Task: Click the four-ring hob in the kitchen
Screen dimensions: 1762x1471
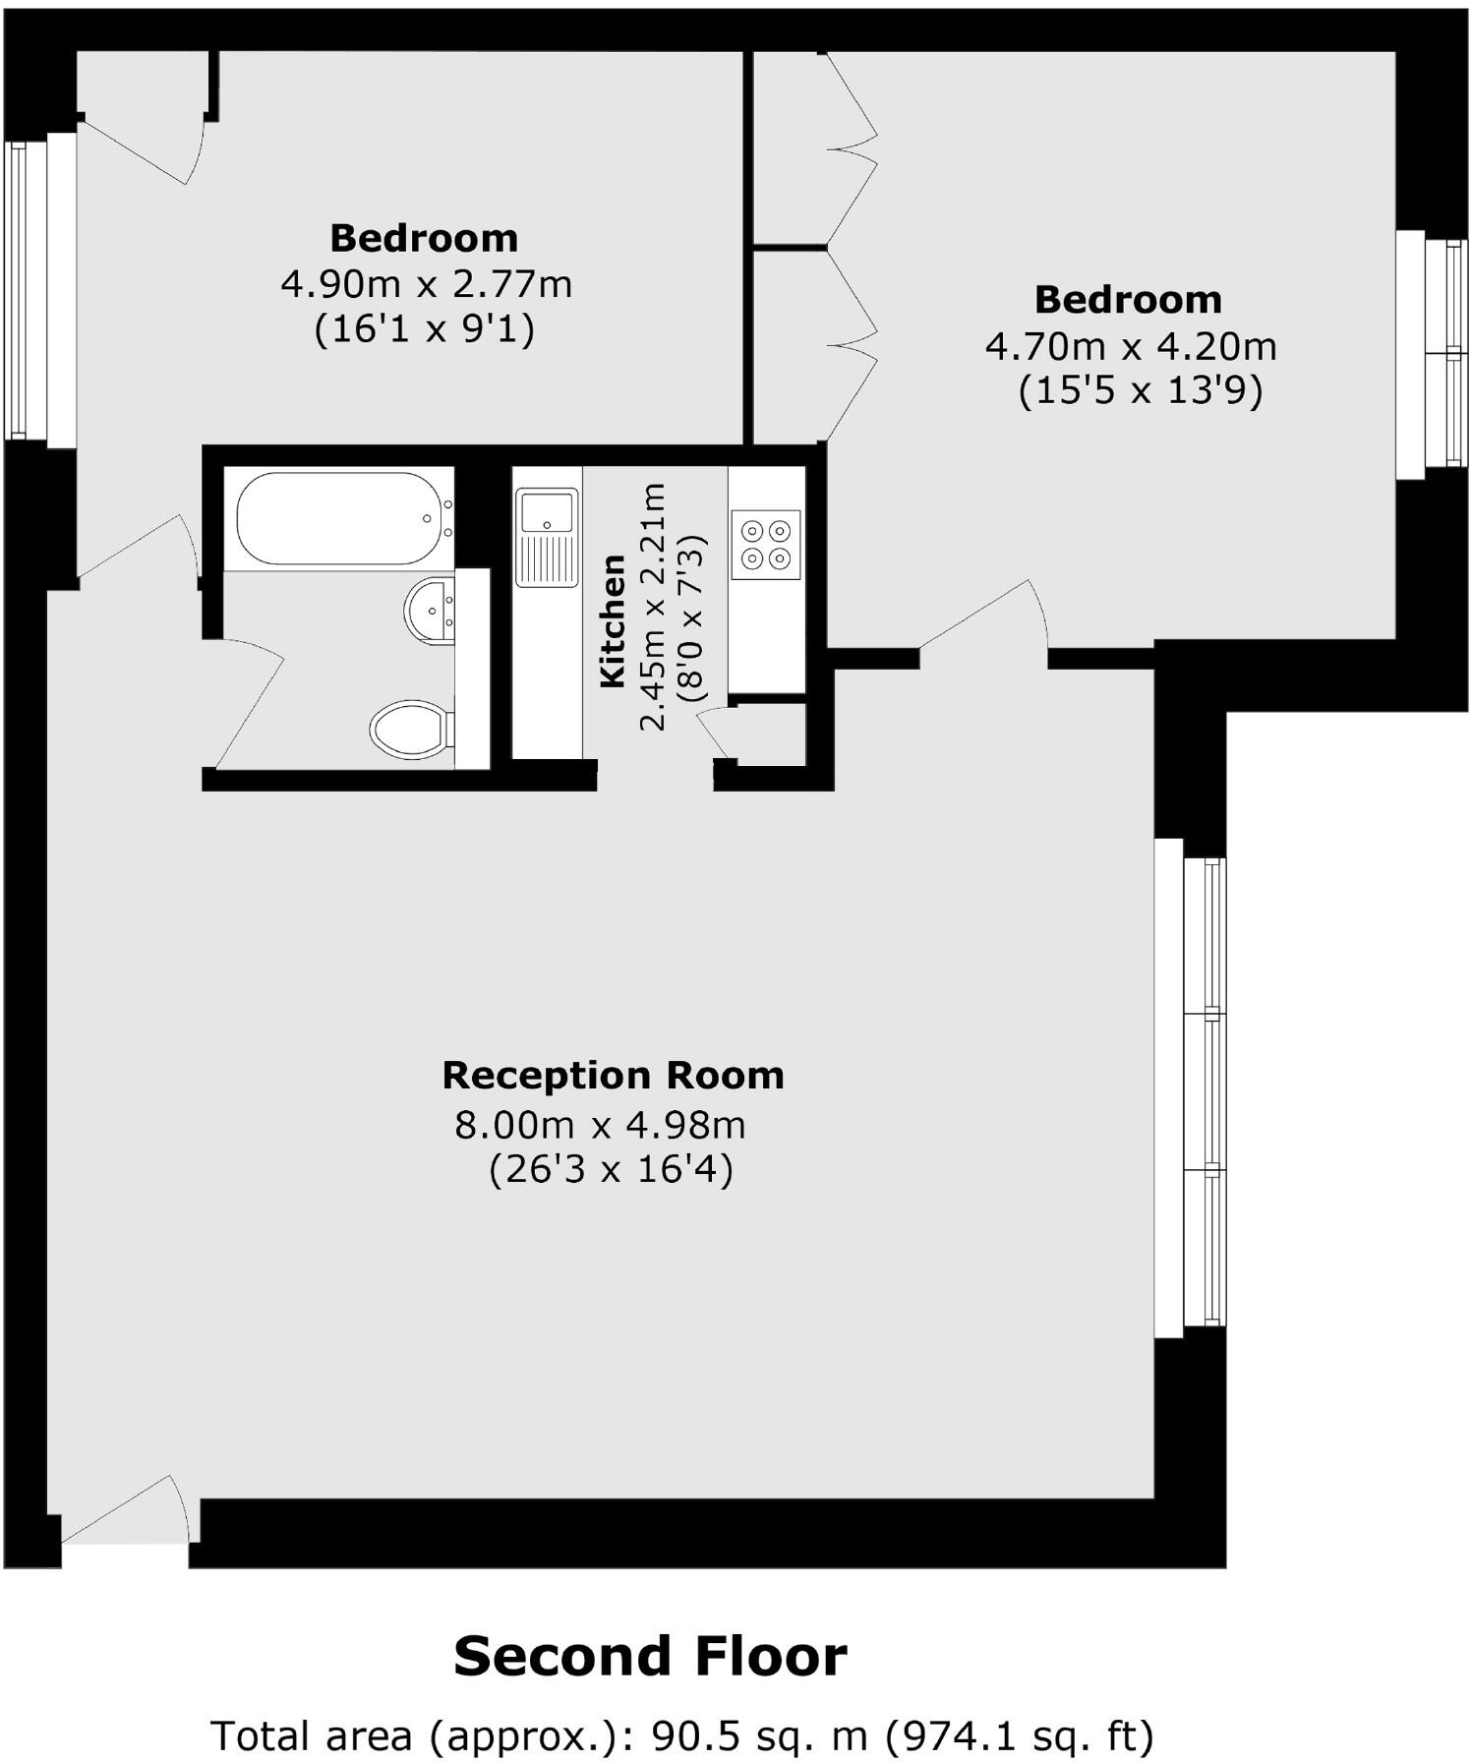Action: coord(766,545)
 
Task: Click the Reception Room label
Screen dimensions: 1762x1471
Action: coord(613,1075)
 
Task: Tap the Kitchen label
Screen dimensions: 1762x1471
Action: coord(613,620)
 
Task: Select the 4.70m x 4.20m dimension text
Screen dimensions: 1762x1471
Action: coord(1131,347)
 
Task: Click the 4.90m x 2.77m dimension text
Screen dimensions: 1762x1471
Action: coord(426,285)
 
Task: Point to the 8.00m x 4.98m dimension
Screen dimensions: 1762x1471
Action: coord(600,1124)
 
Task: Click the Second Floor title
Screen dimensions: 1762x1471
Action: coord(650,1656)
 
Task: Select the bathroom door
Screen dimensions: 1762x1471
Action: coord(248,700)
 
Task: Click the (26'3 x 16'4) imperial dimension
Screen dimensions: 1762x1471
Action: coord(611,1170)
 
